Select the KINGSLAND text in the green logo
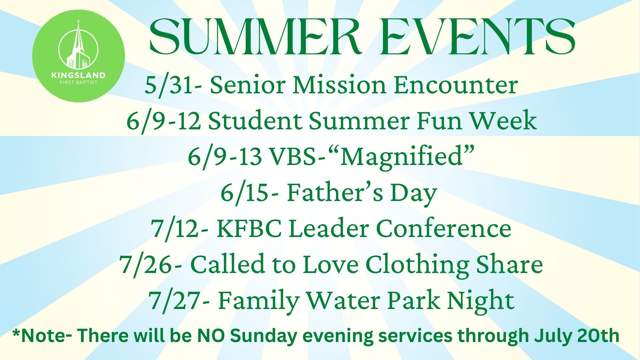coord(78,75)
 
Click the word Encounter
coord(456,85)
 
